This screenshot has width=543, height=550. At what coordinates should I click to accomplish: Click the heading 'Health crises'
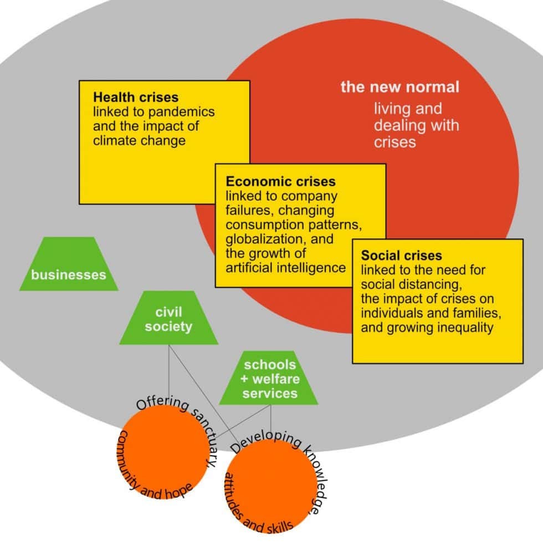(x=136, y=98)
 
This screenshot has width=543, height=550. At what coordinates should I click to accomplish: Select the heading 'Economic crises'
(x=280, y=181)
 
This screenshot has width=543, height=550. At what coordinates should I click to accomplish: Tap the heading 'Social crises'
(x=401, y=256)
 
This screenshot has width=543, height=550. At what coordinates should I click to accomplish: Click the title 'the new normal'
(x=399, y=87)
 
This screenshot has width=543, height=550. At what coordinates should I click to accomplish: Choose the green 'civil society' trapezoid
(x=168, y=319)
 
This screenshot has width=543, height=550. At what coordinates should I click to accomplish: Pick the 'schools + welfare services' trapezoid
(x=270, y=379)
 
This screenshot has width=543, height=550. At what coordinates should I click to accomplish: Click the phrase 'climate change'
(x=139, y=140)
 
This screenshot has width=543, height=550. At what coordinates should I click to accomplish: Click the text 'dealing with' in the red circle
(x=416, y=125)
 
